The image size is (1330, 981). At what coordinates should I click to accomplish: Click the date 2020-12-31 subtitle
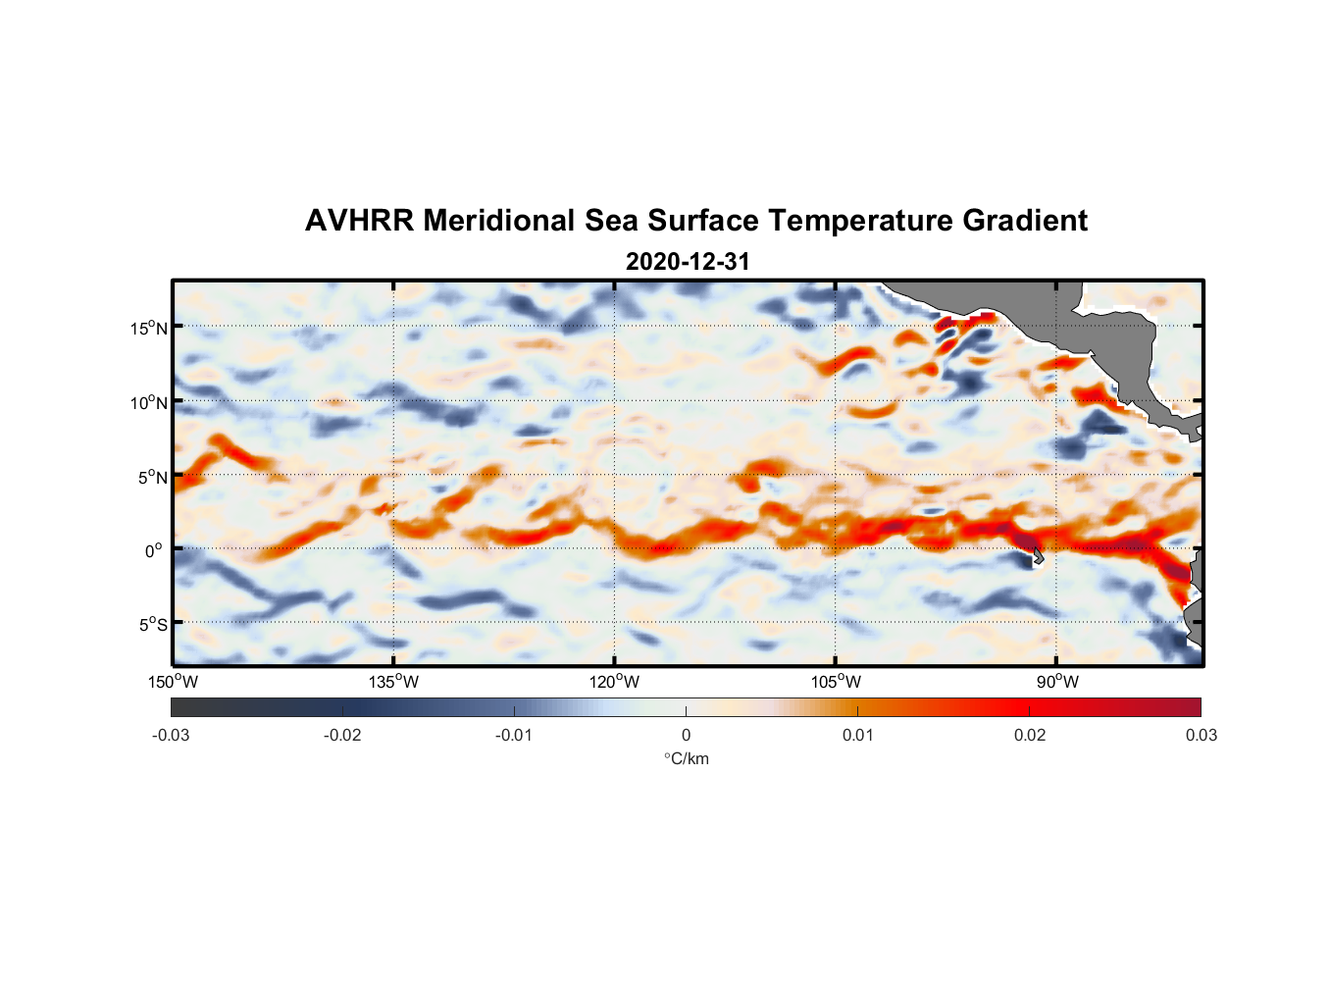(x=688, y=262)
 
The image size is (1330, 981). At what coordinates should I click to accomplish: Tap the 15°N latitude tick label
(x=149, y=328)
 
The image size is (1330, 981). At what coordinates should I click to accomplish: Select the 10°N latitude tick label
(x=149, y=402)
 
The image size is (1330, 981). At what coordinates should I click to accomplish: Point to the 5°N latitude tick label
(x=152, y=477)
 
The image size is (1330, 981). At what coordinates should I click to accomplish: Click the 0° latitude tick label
(x=154, y=550)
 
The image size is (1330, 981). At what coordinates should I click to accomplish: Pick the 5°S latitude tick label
(x=152, y=624)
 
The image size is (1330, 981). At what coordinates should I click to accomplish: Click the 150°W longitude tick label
(x=174, y=682)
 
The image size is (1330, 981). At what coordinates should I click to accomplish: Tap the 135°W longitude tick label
(x=394, y=682)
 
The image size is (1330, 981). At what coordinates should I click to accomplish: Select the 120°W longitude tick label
(x=615, y=682)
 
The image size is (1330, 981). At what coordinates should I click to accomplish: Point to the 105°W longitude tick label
(x=836, y=682)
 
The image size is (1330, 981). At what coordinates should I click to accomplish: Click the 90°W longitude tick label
(x=1057, y=682)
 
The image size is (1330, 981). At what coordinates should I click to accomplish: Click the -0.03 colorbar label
(x=171, y=735)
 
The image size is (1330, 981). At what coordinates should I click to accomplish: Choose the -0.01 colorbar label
(x=514, y=735)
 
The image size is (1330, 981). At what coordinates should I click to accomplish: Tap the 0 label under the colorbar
(x=686, y=735)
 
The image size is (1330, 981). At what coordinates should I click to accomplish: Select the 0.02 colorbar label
(x=1030, y=735)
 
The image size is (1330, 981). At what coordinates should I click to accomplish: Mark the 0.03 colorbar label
(x=1201, y=735)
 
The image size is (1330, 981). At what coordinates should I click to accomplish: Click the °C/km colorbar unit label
(x=686, y=758)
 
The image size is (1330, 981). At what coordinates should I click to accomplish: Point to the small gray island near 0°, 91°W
(x=1039, y=558)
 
